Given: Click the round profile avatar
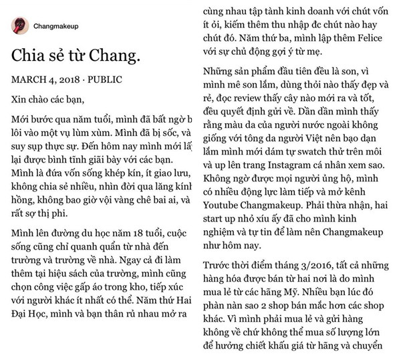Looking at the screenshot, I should pos(19,26).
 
